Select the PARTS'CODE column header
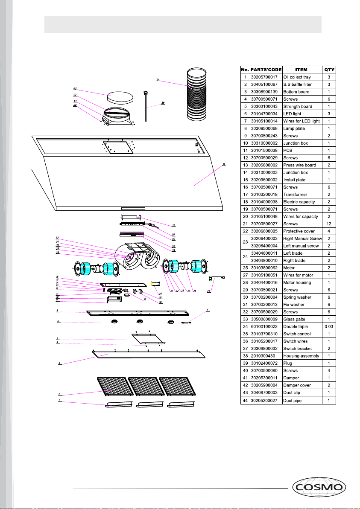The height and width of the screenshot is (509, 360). tap(266, 70)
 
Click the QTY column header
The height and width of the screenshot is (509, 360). tap(329, 70)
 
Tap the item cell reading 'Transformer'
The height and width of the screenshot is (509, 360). tap(301, 194)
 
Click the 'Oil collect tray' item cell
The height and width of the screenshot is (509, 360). tap(301, 77)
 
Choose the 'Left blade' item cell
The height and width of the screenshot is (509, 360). tap(301, 253)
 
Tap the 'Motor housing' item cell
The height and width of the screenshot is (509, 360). tap(301, 282)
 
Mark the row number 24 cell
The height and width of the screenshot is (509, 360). tap(245, 257)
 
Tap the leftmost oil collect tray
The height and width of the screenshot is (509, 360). tap(117, 404)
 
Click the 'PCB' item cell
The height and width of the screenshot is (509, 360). tap(301, 150)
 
